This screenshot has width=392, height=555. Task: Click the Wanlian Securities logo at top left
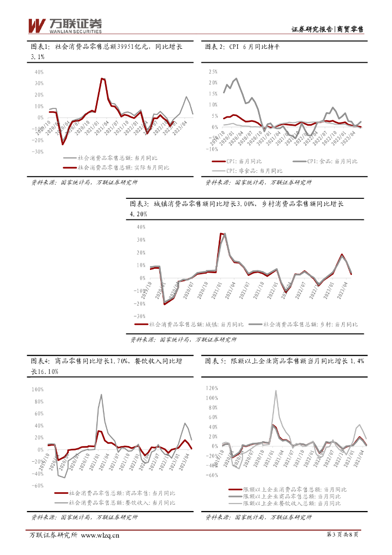(64, 24)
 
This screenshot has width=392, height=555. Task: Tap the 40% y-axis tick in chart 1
(39, 72)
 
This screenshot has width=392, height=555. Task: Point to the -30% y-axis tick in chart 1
(38, 152)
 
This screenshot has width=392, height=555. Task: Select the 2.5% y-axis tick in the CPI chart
(212, 71)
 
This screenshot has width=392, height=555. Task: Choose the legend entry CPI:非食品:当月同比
(259, 169)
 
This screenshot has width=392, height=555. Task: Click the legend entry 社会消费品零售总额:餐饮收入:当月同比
(122, 502)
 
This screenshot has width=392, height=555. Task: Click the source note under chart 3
(183, 339)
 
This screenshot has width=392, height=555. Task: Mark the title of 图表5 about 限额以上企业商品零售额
(284, 360)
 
